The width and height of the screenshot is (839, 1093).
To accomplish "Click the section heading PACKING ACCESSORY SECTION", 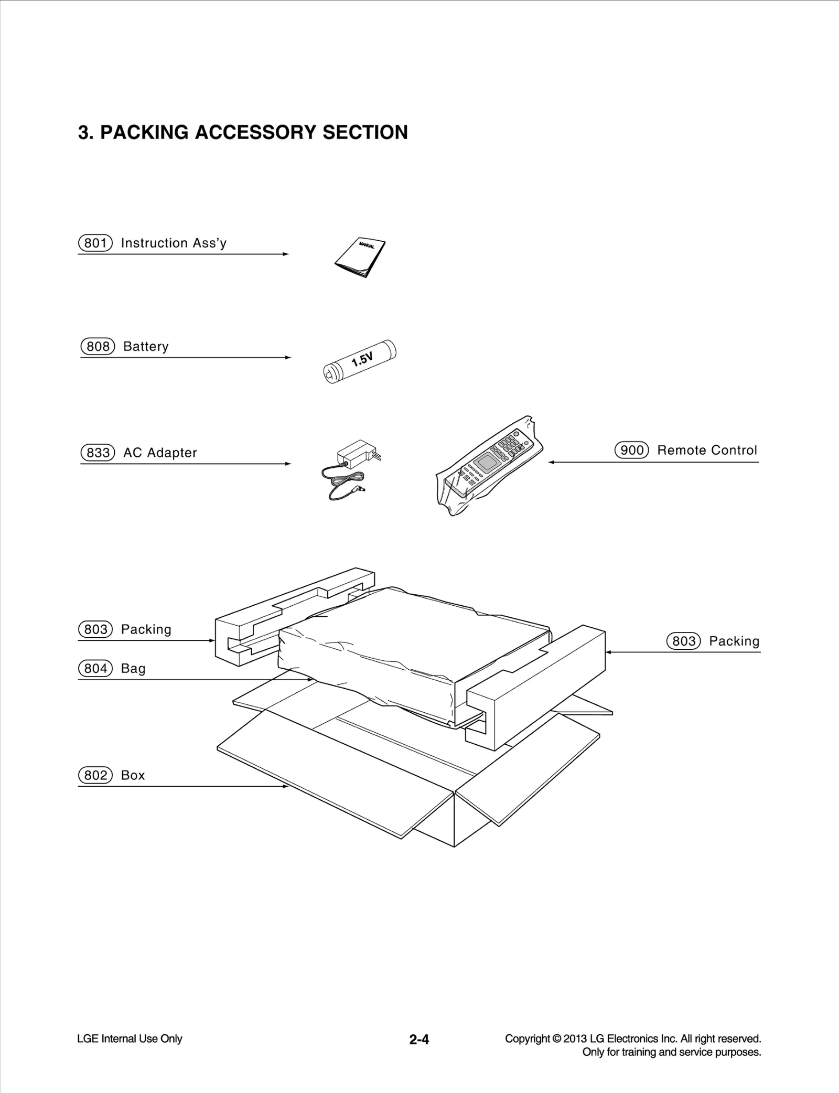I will pyautogui.click(x=243, y=132).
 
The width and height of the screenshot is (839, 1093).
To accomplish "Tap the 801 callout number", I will pyautogui.click(x=95, y=243).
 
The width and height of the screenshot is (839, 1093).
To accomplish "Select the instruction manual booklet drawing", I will pyautogui.click(x=360, y=258).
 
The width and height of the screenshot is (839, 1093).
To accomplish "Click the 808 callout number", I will pyautogui.click(x=98, y=347).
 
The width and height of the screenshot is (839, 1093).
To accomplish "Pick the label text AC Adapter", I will pyautogui.click(x=160, y=453).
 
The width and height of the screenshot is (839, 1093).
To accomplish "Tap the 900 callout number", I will pyautogui.click(x=631, y=450).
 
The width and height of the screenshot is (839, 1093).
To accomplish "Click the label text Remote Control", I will pyautogui.click(x=707, y=450).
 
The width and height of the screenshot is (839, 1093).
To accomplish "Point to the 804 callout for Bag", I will pyautogui.click(x=95, y=668).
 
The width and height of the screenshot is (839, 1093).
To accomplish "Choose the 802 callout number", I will pyautogui.click(x=95, y=775).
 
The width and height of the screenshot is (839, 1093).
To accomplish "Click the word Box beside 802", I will pyautogui.click(x=133, y=775).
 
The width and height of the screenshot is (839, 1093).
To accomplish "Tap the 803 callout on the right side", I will pyautogui.click(x=683, y=641).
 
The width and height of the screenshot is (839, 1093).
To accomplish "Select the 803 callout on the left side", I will pyautogui.click(x=95, y=629).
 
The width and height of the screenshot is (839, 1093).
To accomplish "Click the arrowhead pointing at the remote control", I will pyautogui.click(x=551, y=462).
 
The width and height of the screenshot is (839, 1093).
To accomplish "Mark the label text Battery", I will pyautogui.click(x=146, y=347).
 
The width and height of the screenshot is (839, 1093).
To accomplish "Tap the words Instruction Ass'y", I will pyautogui.click(x=174, y=243).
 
